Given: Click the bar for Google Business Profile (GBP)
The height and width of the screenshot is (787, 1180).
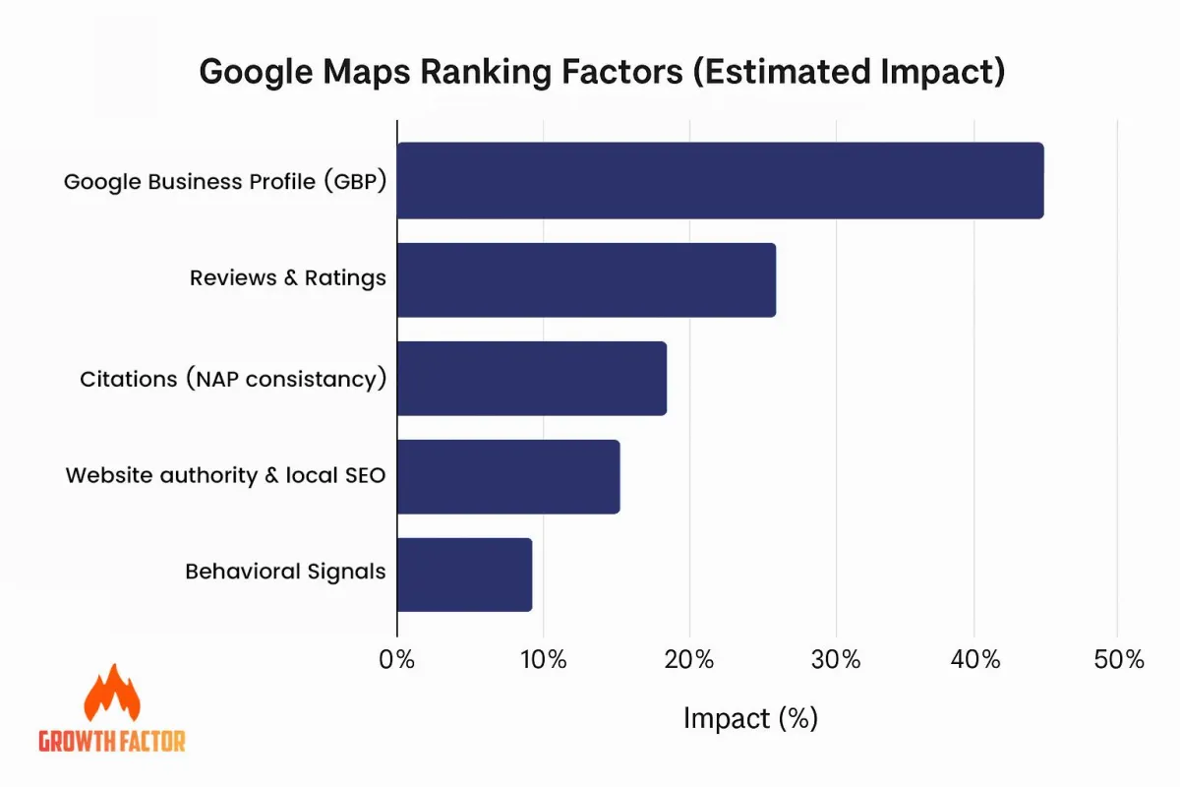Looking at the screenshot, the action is point(721,180).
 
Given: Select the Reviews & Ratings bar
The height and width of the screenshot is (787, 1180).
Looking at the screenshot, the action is point(587,280).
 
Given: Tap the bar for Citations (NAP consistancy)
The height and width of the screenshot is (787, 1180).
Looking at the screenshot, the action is point(532,379).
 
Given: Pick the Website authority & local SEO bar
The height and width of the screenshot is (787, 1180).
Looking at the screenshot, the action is point(509,476).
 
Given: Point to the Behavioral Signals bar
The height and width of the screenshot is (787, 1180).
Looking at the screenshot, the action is point(464,575).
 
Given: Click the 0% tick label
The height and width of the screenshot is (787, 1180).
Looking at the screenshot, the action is point(396,659).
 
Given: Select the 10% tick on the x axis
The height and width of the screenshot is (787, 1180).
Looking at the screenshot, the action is point(544,659).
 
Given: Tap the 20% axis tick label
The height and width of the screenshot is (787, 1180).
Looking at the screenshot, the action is point(689,659).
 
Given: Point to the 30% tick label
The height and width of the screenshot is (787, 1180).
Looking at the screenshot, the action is point(836,659).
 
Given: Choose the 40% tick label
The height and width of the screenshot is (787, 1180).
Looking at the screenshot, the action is point(975,659).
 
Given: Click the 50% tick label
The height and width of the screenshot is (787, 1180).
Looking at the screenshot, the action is point(1119,659).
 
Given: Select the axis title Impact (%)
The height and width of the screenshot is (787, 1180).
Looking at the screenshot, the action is point(750,718).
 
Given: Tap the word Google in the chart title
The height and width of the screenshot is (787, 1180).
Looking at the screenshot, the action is point(256,73).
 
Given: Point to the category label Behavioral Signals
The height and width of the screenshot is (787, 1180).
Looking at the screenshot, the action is point(285,572).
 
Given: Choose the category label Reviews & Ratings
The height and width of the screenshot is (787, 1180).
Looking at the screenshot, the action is point(288,278).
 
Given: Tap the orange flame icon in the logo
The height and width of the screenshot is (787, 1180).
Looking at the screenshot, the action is point(112,693).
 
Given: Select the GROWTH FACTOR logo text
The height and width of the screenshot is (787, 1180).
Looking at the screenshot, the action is point(112,741).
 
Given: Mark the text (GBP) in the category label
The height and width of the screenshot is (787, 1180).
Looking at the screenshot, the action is point(356,181).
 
